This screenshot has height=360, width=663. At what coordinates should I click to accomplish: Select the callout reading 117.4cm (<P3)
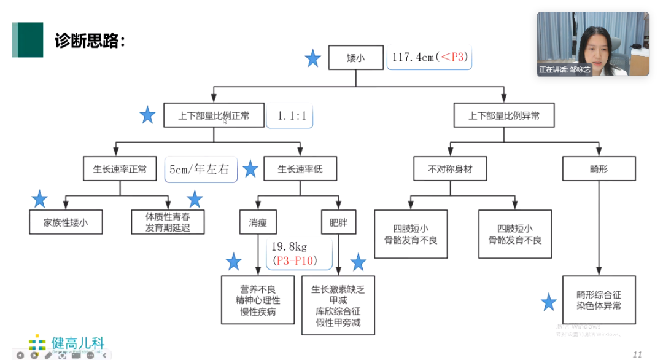pos(429,57)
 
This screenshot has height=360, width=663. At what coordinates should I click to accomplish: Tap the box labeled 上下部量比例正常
pos(214,115)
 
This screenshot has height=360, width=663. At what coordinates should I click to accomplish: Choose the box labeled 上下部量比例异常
pos(503,115)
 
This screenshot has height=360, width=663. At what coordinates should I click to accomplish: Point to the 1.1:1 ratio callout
pos(289,115)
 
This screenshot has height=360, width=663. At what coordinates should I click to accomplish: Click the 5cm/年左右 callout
pos(201,169)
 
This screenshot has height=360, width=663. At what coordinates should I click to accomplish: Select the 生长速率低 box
pos(300,169)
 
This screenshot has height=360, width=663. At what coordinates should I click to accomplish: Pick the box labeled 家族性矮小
pos(65,223)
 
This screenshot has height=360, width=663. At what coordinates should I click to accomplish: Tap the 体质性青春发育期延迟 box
pos(167,223)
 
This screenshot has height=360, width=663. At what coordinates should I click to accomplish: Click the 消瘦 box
pos(258,223)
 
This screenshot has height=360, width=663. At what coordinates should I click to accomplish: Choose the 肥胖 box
pos(338,223)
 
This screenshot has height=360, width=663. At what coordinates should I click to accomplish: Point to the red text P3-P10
pos(293,260)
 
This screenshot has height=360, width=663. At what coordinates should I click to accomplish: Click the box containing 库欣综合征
pos(338,305)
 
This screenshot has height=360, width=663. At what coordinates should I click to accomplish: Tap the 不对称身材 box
pos(449,169)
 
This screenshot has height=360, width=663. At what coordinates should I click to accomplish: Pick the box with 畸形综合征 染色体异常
pos(599,300)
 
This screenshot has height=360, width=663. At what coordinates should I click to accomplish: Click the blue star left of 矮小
pos(313,59)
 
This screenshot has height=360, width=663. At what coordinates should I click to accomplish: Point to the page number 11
pos(637,354)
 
